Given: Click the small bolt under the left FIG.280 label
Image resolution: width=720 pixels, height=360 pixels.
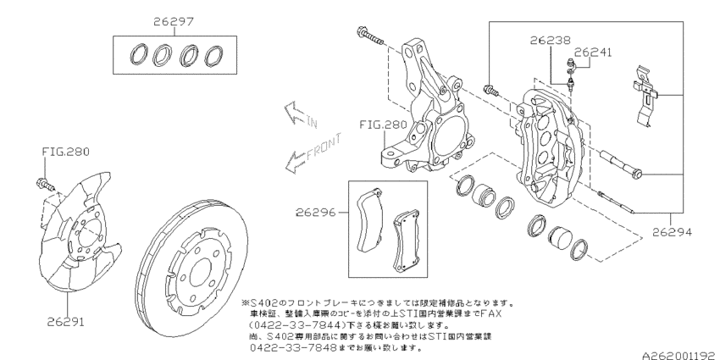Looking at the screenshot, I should pos(45,182).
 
